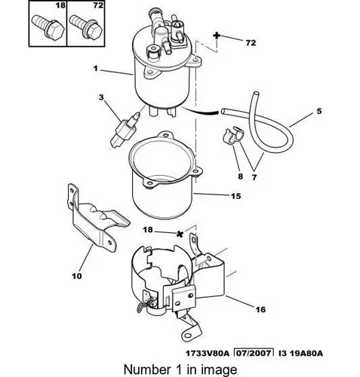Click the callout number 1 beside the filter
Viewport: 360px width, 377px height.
(x=96, y=69)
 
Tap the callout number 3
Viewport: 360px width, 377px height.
(x=101, y=97)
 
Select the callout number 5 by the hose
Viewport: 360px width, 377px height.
(x=319, y=111)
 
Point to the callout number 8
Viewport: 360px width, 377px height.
(x=241, y=176)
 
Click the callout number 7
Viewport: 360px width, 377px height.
(x=254, y=177)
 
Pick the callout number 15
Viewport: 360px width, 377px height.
(x=236, y=196)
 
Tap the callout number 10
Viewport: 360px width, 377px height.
(x=77, y=276)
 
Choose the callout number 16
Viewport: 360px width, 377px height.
(x=260, y=309)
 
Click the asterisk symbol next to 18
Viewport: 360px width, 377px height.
(x=180, y=234)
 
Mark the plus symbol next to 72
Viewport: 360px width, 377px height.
(x=217, y=35)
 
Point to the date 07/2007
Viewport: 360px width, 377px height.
(x=254, y=353)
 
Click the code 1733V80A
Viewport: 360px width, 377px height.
(x=208, y=353)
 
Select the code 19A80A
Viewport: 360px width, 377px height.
(x=306, y=353)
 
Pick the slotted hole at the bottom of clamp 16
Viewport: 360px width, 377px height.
(x=188, y=336)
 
